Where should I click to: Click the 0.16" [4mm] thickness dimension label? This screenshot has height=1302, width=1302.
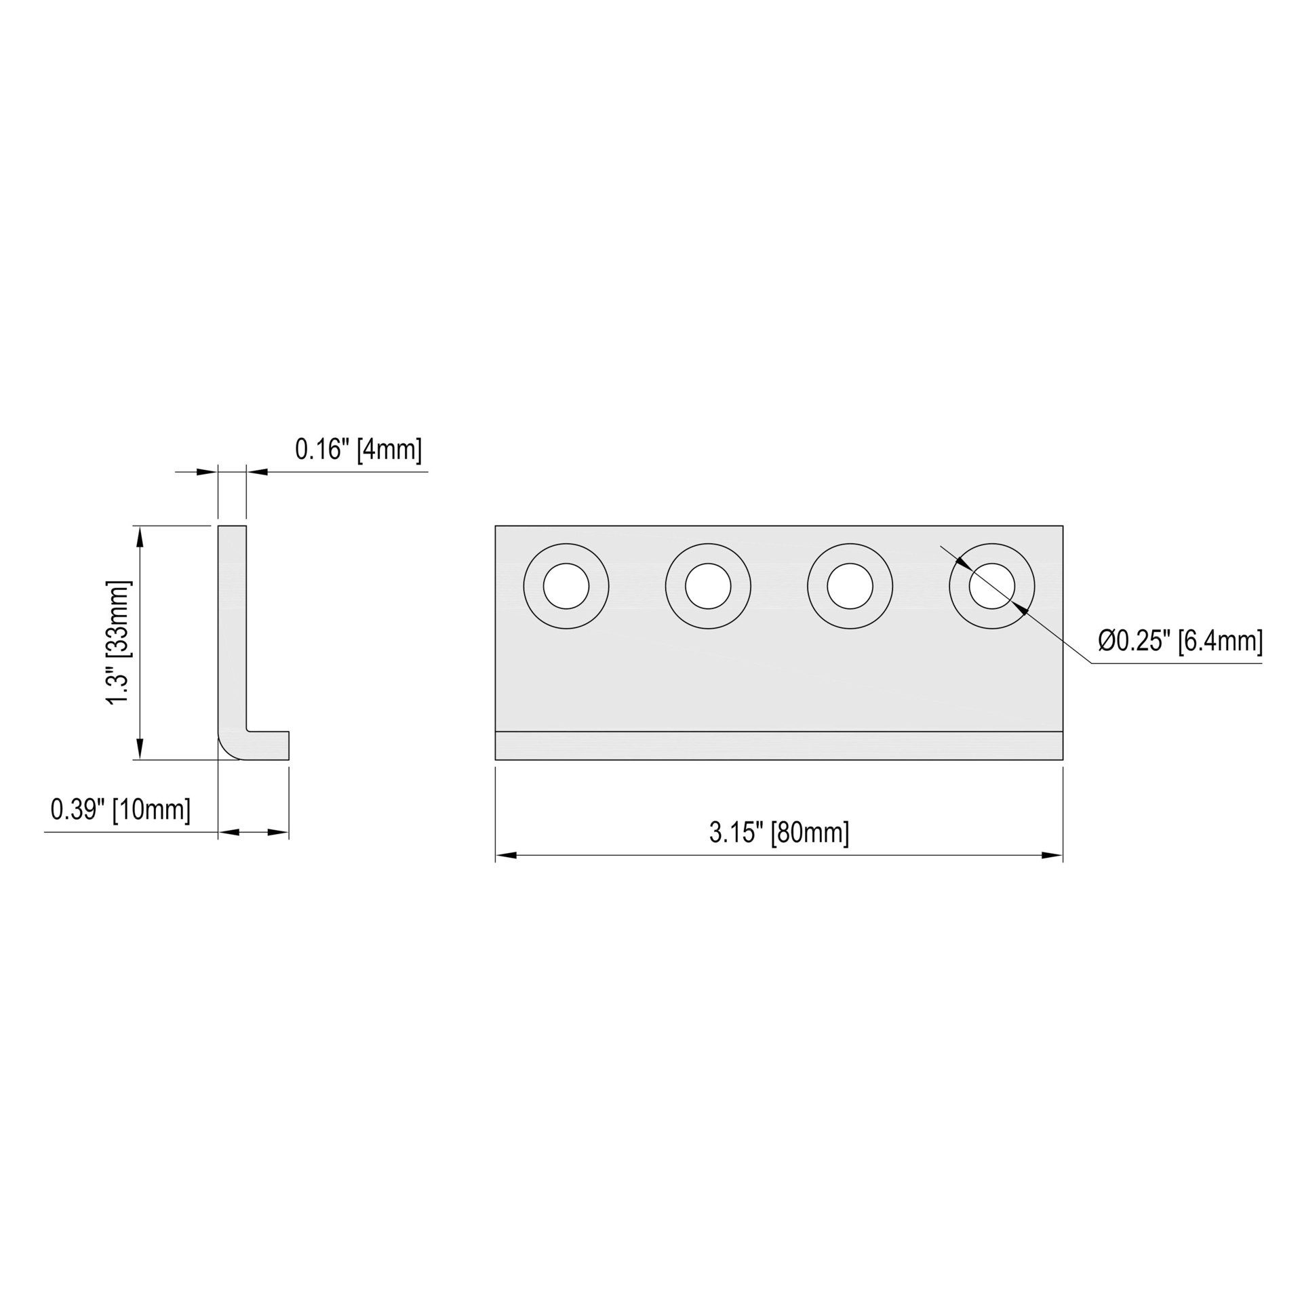click(358, 450)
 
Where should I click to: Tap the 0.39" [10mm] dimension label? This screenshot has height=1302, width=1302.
click(121, 810)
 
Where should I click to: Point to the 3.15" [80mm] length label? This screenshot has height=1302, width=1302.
click(778, 832)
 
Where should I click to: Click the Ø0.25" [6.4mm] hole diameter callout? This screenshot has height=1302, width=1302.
click(1180, 641)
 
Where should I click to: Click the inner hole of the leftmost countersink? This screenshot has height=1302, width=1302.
click(566, 586)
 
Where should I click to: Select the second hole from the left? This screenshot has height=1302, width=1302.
click(708, 586)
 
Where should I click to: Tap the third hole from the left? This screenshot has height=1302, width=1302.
click(850, 586)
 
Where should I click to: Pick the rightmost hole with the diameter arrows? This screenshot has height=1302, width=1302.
click(991, 586)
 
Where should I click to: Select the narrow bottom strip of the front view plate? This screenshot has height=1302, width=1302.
click(778, 746)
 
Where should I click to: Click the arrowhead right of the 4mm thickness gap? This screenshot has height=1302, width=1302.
click(256, 472)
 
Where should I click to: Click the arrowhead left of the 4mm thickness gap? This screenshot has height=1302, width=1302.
click(207, 472)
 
